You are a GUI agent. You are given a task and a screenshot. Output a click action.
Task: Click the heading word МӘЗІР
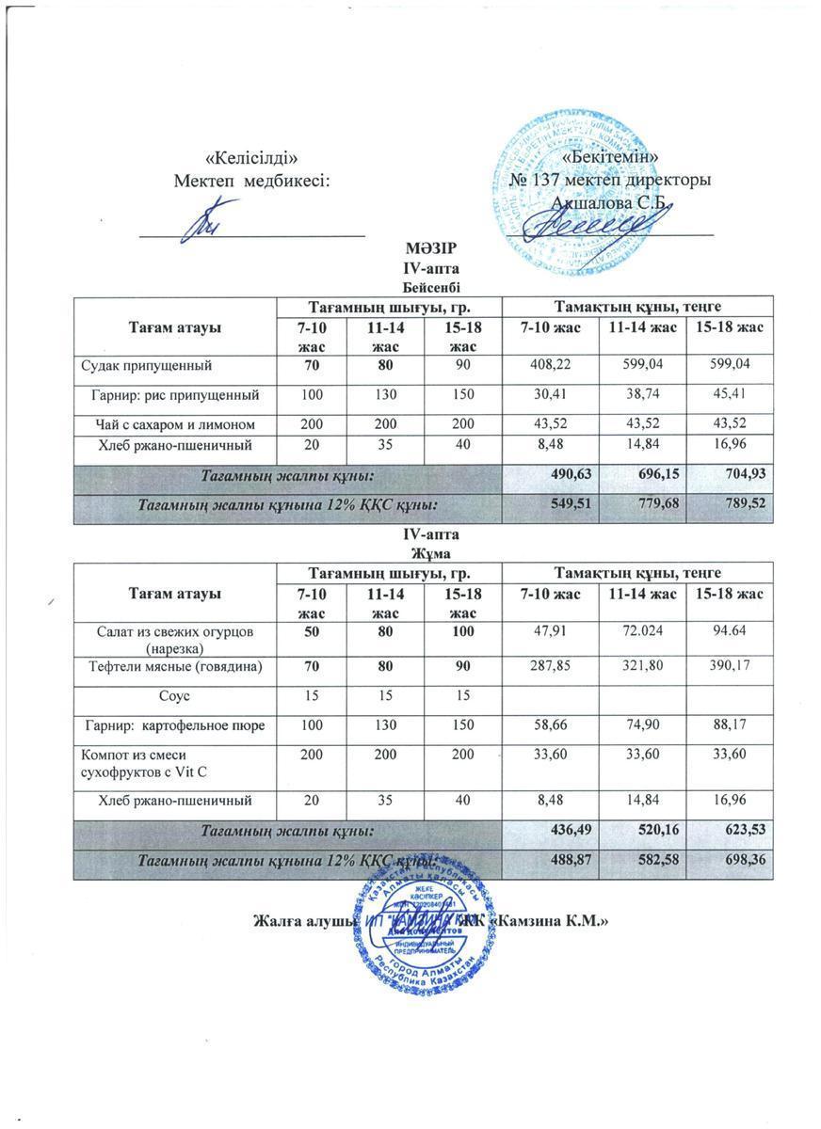pos(430,249)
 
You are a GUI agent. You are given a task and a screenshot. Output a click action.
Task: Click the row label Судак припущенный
pos(147,364)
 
